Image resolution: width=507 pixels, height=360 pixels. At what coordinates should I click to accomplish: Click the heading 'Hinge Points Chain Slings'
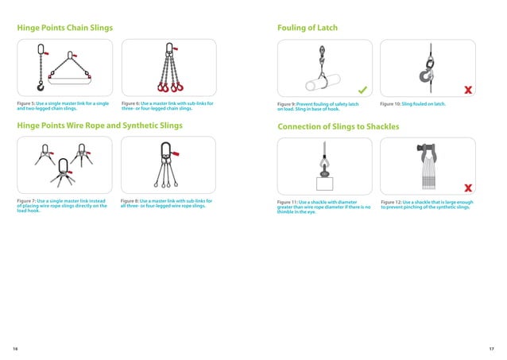pyautogui.click(x=65, y=28)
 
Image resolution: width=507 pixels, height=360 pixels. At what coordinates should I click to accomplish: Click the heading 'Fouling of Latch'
pyautogui.click(x=308, y=28)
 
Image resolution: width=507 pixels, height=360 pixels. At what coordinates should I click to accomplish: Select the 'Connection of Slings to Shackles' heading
pyautogui.click(x=338, y=127)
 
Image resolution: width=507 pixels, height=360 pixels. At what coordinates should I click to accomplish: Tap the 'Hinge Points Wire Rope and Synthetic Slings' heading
pyautogui.click(x=100, y=126)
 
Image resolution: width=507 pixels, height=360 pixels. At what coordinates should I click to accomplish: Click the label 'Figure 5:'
pyautogui.click(x=26, y=104)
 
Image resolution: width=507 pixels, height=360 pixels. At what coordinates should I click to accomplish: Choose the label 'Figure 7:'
pyautogui.click(x=26, y=202)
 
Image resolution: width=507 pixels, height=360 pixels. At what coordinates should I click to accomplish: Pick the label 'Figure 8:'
pyautogui.click(x=130, y=202)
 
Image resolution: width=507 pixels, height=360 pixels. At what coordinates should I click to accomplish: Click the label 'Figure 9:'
pyautogui.click(x=287, y=105)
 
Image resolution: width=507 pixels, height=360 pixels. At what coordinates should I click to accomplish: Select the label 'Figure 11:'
pyautogui.click(x=288, y=203)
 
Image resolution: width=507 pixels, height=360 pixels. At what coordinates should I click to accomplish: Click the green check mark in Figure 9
pyautogui.click(x=362, y=88)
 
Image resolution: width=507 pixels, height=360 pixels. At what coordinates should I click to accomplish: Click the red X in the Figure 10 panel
pyautogui.click(x=468, y=89)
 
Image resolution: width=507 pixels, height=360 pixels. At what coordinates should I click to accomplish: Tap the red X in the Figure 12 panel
pyautogui.click(x=468, y=188)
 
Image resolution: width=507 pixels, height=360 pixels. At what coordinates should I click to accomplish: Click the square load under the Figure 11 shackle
pyautogui.click(x=325, y=184)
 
